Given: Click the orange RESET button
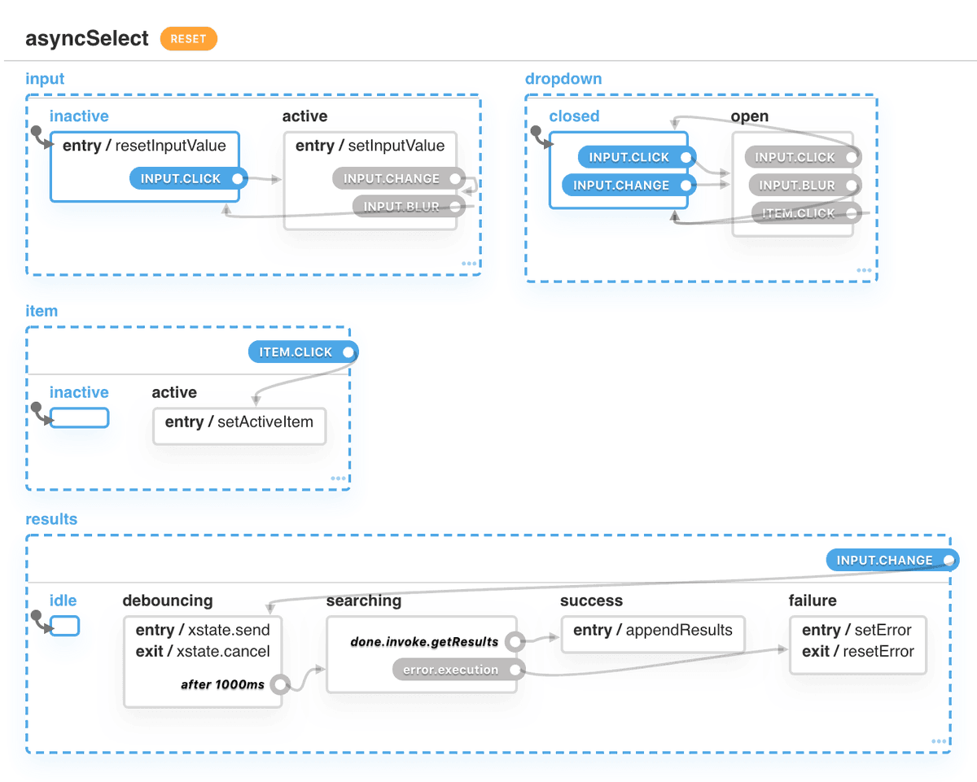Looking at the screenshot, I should click(188, 38).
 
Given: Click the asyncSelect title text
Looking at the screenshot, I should click(87, 38).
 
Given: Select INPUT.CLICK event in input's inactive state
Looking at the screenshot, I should click(181, 179).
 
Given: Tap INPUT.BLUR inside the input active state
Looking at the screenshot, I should click(401, 207).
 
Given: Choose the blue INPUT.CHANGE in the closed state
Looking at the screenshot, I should click(621, 186).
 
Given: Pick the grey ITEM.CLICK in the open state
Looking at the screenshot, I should click(798, 214).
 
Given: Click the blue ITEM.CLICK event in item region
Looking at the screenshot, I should click(296, 352).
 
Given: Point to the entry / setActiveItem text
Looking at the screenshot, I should click(239, 422).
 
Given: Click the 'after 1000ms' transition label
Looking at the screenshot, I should click(222, 684).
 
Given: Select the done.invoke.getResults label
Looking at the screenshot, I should click(424, 642).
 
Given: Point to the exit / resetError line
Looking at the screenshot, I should click(857, 652).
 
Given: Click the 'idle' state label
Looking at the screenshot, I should click(63, 601).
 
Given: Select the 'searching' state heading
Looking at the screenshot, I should click(363, 601).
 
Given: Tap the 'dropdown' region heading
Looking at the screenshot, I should click(563, 79).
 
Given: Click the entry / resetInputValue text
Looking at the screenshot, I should click(144, 146).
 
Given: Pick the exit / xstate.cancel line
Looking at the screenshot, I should click(202, 652).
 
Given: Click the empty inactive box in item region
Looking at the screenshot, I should click(79, 418).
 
